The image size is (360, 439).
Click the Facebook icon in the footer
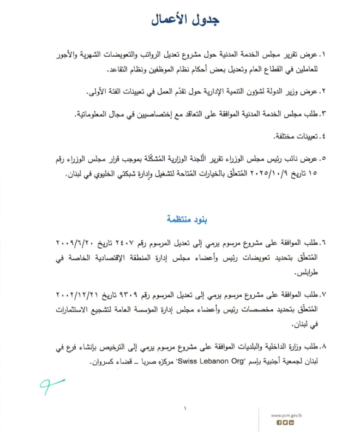coord(279,423)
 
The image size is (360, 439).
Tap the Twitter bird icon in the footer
coord(285,423)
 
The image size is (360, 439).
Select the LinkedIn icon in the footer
coord(292,423)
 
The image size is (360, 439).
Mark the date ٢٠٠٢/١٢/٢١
coord(79,294)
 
